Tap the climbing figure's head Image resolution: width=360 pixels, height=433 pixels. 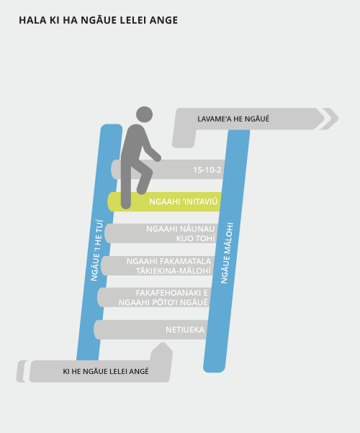pos(144,114)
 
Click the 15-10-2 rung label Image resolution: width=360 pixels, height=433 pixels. pos(207,170)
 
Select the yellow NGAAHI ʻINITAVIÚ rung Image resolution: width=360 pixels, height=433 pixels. pos(164,202)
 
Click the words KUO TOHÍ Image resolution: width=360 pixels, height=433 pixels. pos(196,239)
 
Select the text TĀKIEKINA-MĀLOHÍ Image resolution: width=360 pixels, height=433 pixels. pos(174,271)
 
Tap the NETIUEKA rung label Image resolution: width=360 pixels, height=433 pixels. pos(185,329)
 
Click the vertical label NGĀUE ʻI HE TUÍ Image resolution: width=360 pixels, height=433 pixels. pos(96,250)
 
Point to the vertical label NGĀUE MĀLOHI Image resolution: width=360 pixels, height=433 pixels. pos(227,253)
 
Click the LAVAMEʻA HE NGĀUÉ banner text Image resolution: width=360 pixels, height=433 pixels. pos(233,119)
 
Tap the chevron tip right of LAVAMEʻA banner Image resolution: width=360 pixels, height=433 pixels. pos(338,119)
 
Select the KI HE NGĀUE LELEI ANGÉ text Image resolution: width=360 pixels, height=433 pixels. pos(106,371)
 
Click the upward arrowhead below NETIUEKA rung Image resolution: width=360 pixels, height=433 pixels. pos(163,343)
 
